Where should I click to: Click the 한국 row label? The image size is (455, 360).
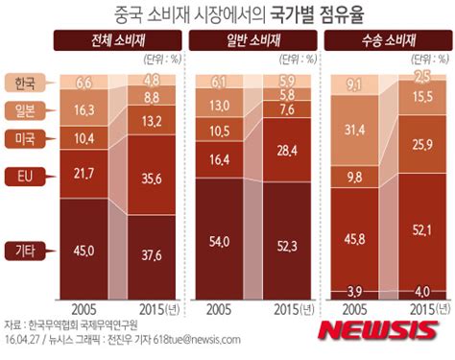[27, 84]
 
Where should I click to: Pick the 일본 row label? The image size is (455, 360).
[27, 111]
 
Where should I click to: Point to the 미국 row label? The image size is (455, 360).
[27, 140]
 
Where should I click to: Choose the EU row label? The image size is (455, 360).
[27, 175]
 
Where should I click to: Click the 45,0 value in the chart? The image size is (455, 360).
[84, 252]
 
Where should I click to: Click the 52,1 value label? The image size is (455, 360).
[423, 230]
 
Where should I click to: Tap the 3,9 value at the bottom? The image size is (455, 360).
[354, 290]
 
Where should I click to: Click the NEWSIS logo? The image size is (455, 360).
[376, 331]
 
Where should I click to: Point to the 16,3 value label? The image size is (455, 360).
[84, 111]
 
